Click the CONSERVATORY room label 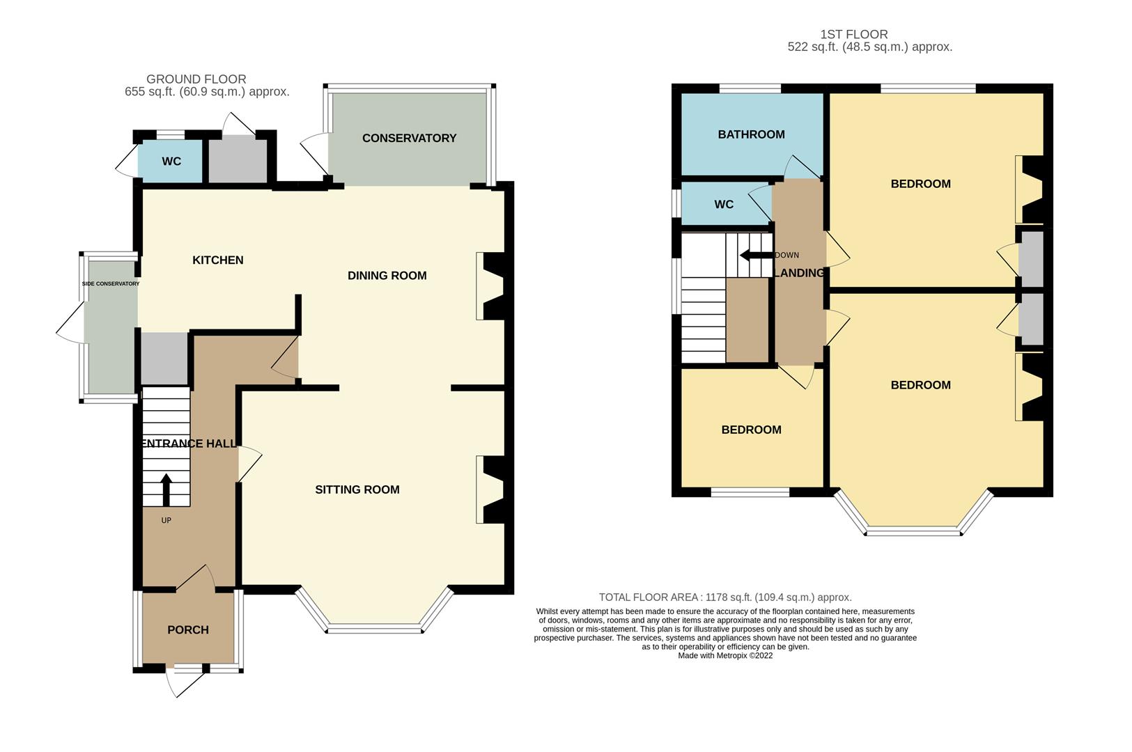409,138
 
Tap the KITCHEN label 218,260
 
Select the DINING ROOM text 387,276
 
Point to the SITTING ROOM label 357,489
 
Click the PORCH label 188,629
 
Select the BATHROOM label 751,134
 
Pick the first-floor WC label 724,205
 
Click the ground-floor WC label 171,162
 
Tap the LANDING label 799,273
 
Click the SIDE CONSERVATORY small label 111,284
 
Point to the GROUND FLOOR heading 196,79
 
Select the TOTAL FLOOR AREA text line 725,597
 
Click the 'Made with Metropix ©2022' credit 725,655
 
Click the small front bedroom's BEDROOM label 751,430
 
